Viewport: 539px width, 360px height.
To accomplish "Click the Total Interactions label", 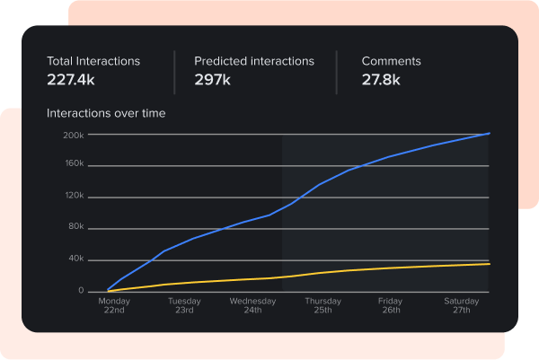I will (93, 61).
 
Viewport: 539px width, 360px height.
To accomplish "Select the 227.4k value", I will (73, 79).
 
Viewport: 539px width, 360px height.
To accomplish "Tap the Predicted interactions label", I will (254, 61).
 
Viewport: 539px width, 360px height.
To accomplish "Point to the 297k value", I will (213, 79).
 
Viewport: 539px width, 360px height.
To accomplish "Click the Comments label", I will (391, 61).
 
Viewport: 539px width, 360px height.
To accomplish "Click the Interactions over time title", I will (106, 114).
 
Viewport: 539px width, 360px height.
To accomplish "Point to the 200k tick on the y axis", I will (74, 135).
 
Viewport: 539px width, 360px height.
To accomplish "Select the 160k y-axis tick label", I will (74, 164).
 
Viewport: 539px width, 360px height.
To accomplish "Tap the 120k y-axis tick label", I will (74, 196).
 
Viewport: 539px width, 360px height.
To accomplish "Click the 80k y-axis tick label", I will (75, 227).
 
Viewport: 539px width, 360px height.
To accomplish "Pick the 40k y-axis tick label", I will (75, 259).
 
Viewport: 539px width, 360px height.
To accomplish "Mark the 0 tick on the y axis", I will (81, 291).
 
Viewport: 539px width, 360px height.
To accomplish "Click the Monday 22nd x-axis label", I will (114, 305).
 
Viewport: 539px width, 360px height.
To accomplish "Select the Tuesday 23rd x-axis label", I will (183, 305).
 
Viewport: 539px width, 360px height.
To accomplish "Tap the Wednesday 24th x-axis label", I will (252, 305).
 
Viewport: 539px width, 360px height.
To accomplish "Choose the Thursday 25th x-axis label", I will (323, 305).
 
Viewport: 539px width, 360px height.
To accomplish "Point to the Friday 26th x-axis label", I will (390, 305).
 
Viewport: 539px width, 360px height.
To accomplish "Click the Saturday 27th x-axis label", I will (461, 305).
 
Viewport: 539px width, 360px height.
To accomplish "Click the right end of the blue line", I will (489, 133).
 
